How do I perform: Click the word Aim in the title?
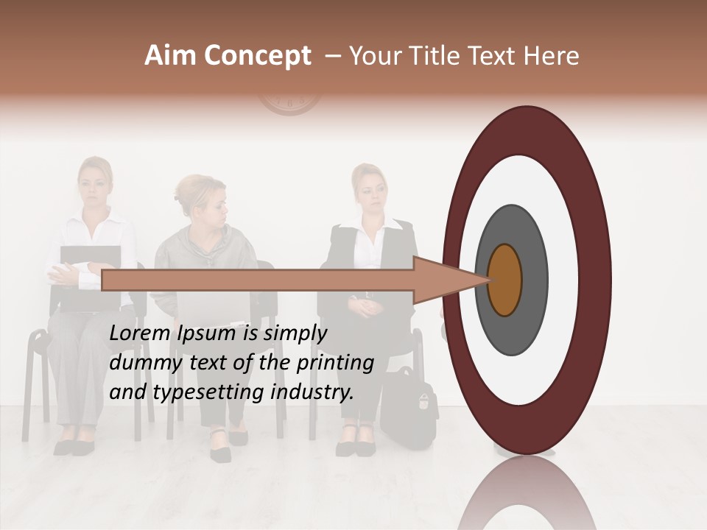[x=171, y=56]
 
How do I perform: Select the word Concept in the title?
[x=256, y=57]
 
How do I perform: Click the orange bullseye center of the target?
[x=504, y=280]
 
